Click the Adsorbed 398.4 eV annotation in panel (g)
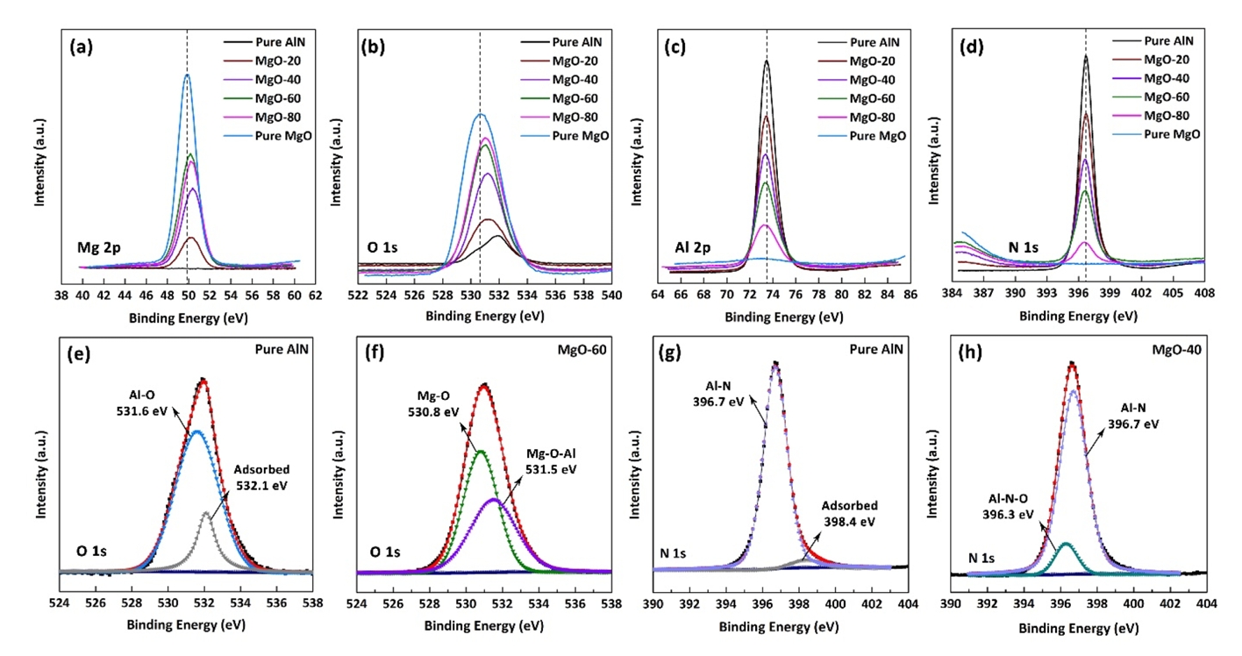[x=849, y=513]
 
